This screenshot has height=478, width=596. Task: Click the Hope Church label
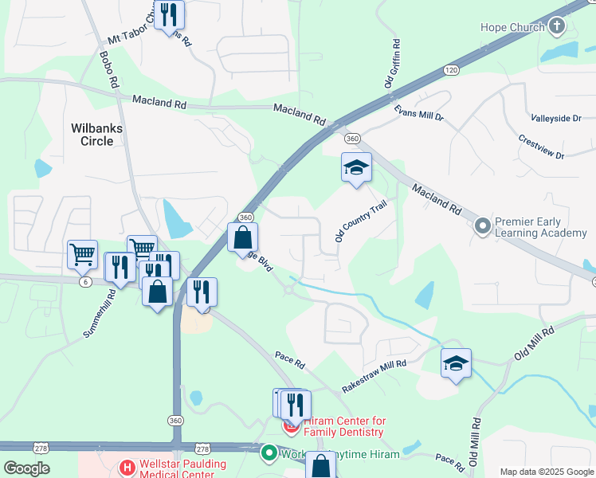pyautogui.click(x=512, y=27)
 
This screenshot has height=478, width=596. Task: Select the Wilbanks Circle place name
pyautogui.click(x=103, y=134)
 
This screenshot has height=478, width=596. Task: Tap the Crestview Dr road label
pyautogui.click(x=540, y=147)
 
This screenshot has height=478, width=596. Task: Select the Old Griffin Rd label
pyautogui.click(x=390, y=64)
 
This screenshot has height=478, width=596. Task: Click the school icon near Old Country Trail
pyautogui.click(x=356, y=167)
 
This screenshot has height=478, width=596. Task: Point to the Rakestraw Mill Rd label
pyautogui.click(x=374, y=374)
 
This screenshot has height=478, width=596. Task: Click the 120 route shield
pyautogui.click(x=452, y=70)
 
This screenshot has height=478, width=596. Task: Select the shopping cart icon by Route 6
pyautogui.click(x=82, y=255)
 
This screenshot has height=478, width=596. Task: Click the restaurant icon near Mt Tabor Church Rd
pyautogui.click(x=168, y=14)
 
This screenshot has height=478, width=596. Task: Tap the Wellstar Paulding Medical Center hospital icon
pyautogui.click(x=125, y=467)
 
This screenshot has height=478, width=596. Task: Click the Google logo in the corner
pyautogui.click(x=26, y=468)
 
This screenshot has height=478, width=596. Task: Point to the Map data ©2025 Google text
pyautogui.click(x=547, y=472)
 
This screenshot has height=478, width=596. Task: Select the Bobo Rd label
pyautogui.click(x=109, y=69)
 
